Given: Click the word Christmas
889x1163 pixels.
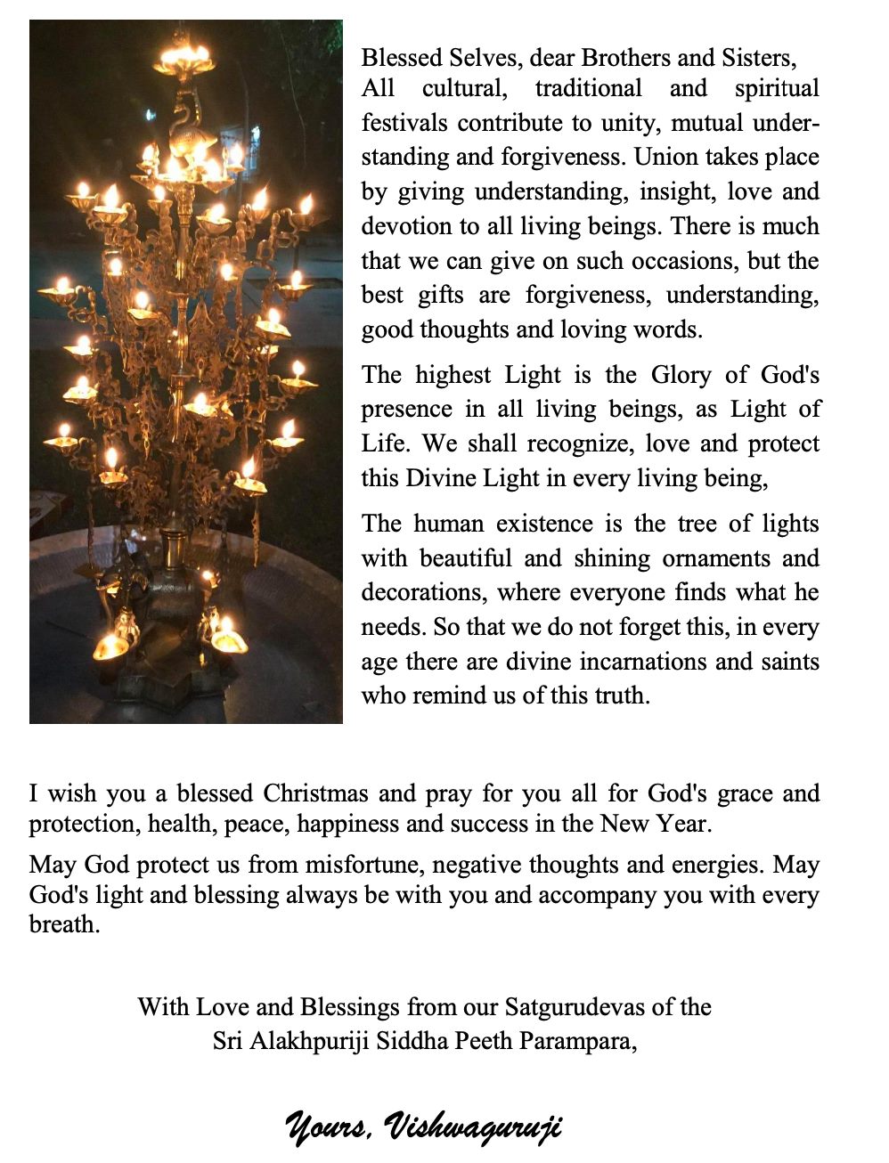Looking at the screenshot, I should (x=315, y=793).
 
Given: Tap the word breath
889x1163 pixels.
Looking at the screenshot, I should (x=63, y=924).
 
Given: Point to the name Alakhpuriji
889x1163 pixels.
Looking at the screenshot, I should (x=310, y=1040).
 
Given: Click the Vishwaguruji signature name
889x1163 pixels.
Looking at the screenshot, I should (x=473, y=1127).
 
